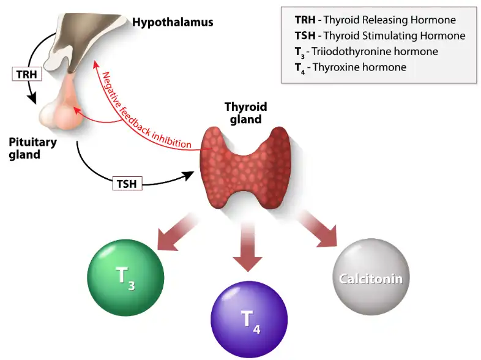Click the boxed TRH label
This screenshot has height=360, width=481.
24,75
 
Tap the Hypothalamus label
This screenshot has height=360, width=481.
173,23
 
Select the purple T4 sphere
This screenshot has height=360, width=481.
250,320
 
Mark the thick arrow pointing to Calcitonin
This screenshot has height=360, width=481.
318,230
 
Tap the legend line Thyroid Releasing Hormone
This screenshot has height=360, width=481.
376,20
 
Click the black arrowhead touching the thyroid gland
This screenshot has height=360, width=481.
195,175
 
